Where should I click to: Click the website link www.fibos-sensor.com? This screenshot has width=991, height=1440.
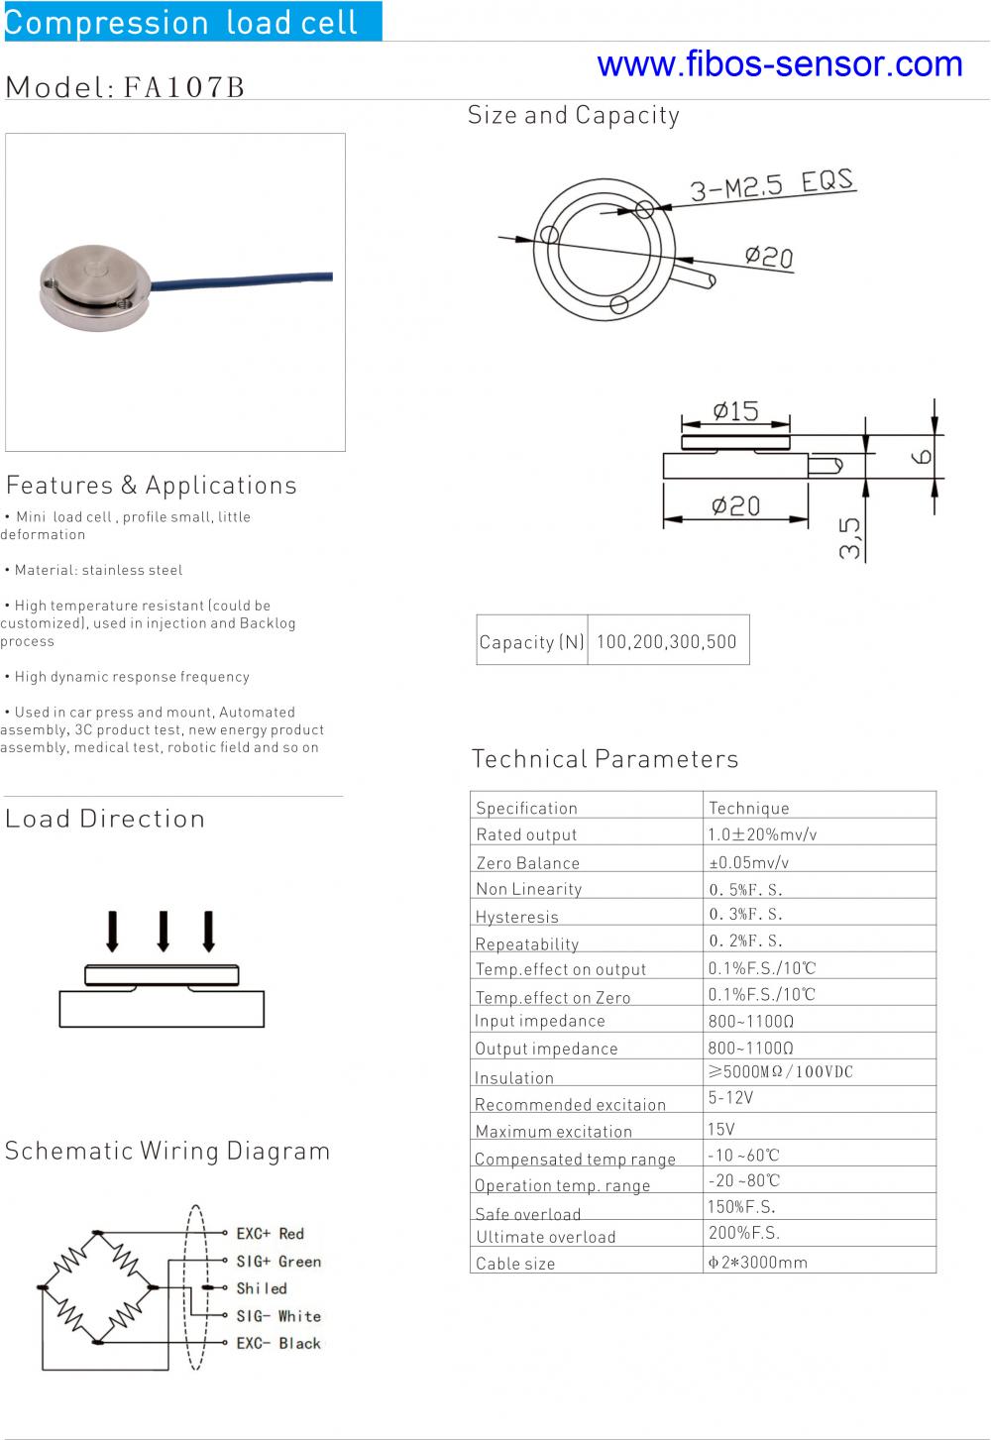pyautogui.click(x=780, y=64)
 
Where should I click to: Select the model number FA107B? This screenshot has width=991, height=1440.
pyautogui.click(x=184, y=87)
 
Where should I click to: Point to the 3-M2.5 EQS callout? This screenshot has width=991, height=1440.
pyautogui.click(x=772, y=184)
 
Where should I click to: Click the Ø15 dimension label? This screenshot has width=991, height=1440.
pyautogui.click(x=735, y=410)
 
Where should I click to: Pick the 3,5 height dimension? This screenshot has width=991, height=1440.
pyautogui.click(x=850, y=537)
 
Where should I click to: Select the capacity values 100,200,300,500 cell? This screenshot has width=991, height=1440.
pyautogui.click(x=667, y=641)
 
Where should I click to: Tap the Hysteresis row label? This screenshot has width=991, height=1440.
pyautogui.click(x=517, y=917)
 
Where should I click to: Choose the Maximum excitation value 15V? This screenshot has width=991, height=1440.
pyautogui.click(x=721, y=1129)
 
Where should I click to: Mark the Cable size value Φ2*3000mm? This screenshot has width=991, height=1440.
pyautogui.click(x=757, y=1262)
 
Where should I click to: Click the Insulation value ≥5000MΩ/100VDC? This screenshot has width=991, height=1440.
pyautogui.click(x=780, y=1071)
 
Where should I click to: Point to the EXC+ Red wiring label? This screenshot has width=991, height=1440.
pyautogui.click(x=270, y=1234)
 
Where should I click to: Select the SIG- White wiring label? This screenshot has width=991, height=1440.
pyautogui.click(x=278, y=1316)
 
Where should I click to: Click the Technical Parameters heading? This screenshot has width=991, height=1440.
pyautogui.click(x=605, y=759)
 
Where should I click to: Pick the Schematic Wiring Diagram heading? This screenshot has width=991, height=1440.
pyautogui.click(x=167, y=1151)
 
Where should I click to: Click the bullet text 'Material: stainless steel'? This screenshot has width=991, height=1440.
pyautogui.click(x=98, y=570)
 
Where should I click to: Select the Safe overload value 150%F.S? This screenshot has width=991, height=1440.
pyautogui.click(x=741, y=1206)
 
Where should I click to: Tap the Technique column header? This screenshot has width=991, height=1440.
pyautogui.click(x=749, y=808)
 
